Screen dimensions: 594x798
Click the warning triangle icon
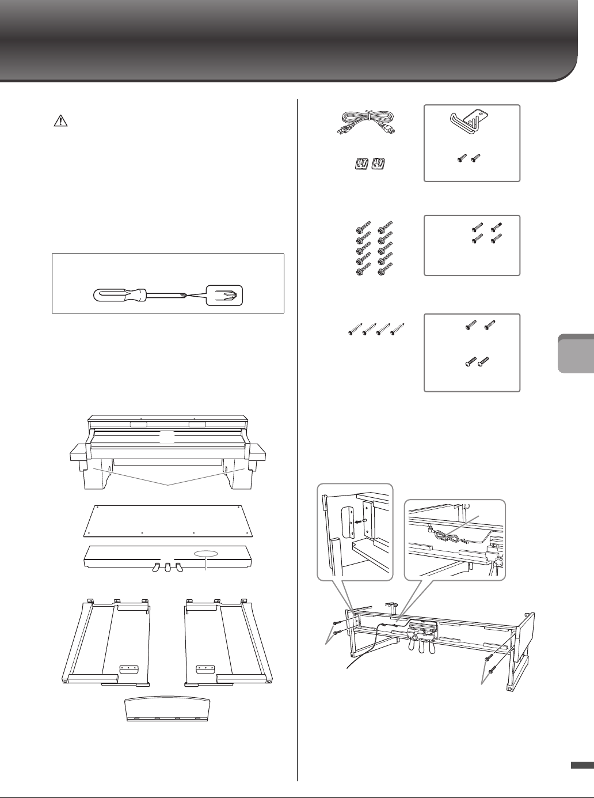(x=59, y=120)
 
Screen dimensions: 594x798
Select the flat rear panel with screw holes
(x=168, y=519)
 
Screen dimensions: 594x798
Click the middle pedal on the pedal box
(x=167, y=567)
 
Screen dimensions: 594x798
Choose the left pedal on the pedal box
(x=155, y=568)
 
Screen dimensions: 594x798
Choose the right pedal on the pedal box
(x=180, y=568)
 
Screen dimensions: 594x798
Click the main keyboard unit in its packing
(x=167, y=444)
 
